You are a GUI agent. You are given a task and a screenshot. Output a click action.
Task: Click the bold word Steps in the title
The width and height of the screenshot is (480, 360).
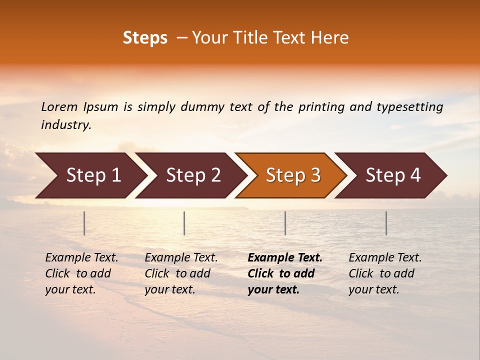tap(145, 38)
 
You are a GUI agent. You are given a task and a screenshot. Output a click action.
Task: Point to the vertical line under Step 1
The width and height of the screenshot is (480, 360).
tap(84, 223)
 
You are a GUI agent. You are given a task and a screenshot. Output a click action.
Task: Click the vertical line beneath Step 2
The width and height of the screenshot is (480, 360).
tap(184, 223)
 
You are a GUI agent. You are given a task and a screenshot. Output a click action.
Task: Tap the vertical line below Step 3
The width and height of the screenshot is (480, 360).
tap(285, 223)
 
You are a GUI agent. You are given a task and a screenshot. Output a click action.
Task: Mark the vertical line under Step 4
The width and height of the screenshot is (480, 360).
tap(386, 223)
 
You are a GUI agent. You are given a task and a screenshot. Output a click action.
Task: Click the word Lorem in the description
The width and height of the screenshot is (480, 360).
tap(59, 107)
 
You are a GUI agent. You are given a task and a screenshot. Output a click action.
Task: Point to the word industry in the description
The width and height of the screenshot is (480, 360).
tap(65, 125)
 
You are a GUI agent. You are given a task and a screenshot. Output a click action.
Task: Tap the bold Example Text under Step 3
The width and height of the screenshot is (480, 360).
tap(285, 258)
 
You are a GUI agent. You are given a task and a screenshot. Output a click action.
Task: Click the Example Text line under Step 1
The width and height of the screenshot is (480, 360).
tap(81, 258)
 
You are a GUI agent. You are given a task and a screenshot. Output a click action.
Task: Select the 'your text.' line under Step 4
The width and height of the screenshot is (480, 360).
tap(374, 289)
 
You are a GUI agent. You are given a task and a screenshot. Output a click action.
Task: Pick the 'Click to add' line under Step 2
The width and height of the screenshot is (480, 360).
tap(177, 273)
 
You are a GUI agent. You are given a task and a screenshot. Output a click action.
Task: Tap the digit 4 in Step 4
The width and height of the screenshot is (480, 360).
tap(415, 175)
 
